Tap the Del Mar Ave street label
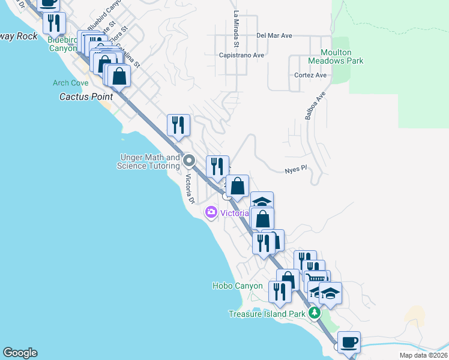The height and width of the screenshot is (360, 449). coord(274,36)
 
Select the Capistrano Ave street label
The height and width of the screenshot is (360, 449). coord(242,55)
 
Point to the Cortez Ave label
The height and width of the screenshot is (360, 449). coord(310,76)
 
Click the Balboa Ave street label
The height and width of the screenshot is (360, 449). coord(315,106)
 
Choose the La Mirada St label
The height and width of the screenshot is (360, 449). coord(237,29)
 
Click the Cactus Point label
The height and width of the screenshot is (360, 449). coord(82,96)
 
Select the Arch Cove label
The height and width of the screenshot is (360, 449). coord(70,83)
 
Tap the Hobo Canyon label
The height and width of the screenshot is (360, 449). coord(237,286)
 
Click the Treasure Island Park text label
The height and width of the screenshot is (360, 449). coord(267,314)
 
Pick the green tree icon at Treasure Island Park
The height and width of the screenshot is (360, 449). coord(313,313)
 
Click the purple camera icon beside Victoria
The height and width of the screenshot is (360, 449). coord(211,212)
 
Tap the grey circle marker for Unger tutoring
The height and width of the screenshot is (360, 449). coord(190,160)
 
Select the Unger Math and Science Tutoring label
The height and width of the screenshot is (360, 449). coord(148,161)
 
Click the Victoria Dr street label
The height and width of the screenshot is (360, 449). coord(190,188)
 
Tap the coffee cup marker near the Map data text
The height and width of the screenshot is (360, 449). coord(349,343)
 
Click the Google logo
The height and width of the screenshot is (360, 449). coord(20,353)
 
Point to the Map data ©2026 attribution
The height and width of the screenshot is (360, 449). coord(423,355)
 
